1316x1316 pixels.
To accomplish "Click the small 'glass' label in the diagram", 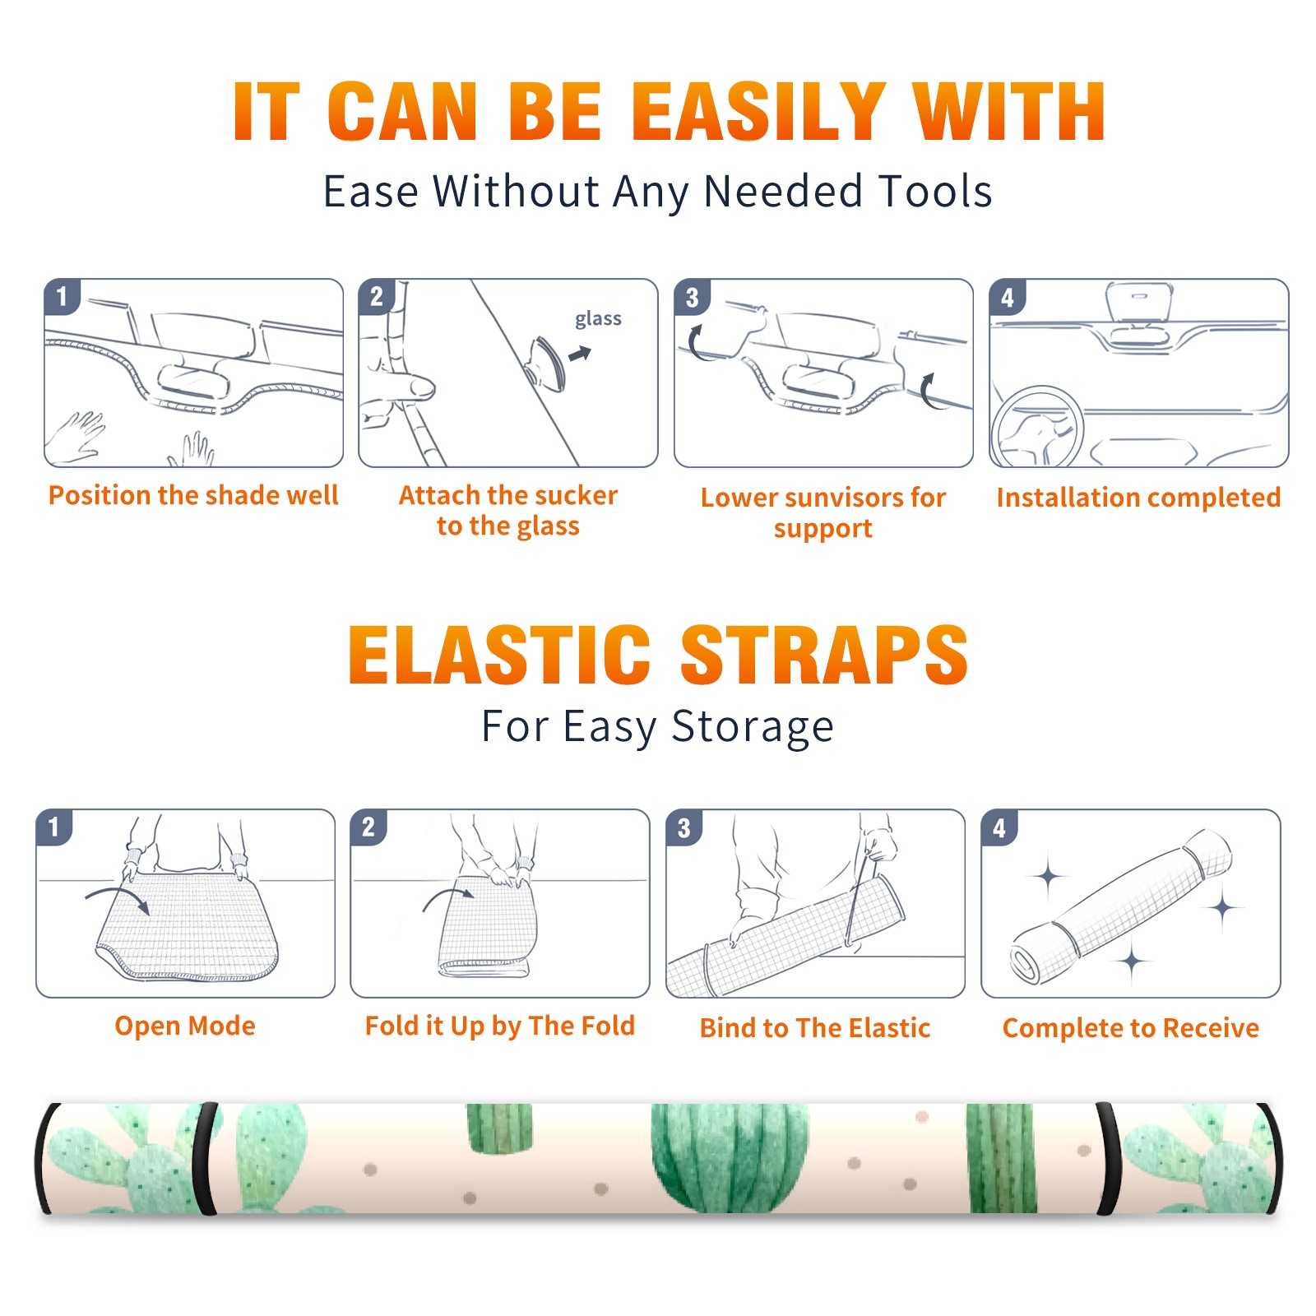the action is (x=598, y=319).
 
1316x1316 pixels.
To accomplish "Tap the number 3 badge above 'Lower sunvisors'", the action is (x=693, y=297).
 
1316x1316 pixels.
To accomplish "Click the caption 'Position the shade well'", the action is (x=193, y=495).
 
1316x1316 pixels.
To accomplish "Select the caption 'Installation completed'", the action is (x=1138, y=498).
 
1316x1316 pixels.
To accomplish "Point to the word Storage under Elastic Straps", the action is (x=753, y=728).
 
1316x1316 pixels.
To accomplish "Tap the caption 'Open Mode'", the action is (x=185, y=1026).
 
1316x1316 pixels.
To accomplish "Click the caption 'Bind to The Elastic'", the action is (x=814, y=1028).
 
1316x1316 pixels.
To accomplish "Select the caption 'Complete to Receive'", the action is (x=1131, y=1028).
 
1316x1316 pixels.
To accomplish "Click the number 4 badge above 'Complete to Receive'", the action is (x=999, y=827).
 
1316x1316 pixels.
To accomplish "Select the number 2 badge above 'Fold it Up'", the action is (x=368, y=827).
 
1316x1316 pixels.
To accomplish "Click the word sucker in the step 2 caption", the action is (x=574, y=495).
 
